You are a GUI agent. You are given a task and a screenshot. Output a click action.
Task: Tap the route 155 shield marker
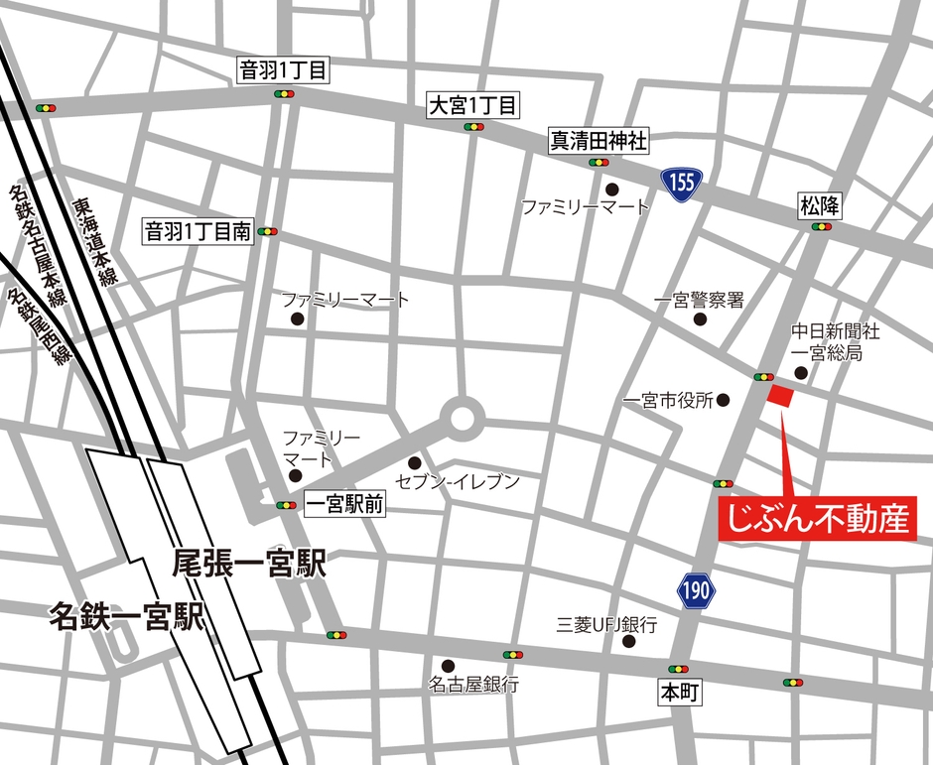682,183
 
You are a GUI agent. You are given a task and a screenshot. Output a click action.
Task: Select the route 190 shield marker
697,591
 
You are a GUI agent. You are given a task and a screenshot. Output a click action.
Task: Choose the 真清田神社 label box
599,141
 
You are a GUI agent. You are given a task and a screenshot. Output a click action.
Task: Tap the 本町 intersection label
680,693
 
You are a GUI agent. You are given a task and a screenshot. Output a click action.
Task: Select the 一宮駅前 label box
343,504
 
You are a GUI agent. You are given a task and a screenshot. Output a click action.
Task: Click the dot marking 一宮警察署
700,320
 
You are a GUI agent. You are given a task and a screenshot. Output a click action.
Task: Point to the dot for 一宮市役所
723,401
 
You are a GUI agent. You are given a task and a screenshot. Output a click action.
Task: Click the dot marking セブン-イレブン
414,463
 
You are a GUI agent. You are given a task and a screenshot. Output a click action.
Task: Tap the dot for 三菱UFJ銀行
628,642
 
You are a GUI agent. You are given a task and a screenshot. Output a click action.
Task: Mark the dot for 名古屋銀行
448,665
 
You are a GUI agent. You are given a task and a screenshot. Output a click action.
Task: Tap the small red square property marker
781,395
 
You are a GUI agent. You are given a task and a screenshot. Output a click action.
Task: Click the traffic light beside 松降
821,227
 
